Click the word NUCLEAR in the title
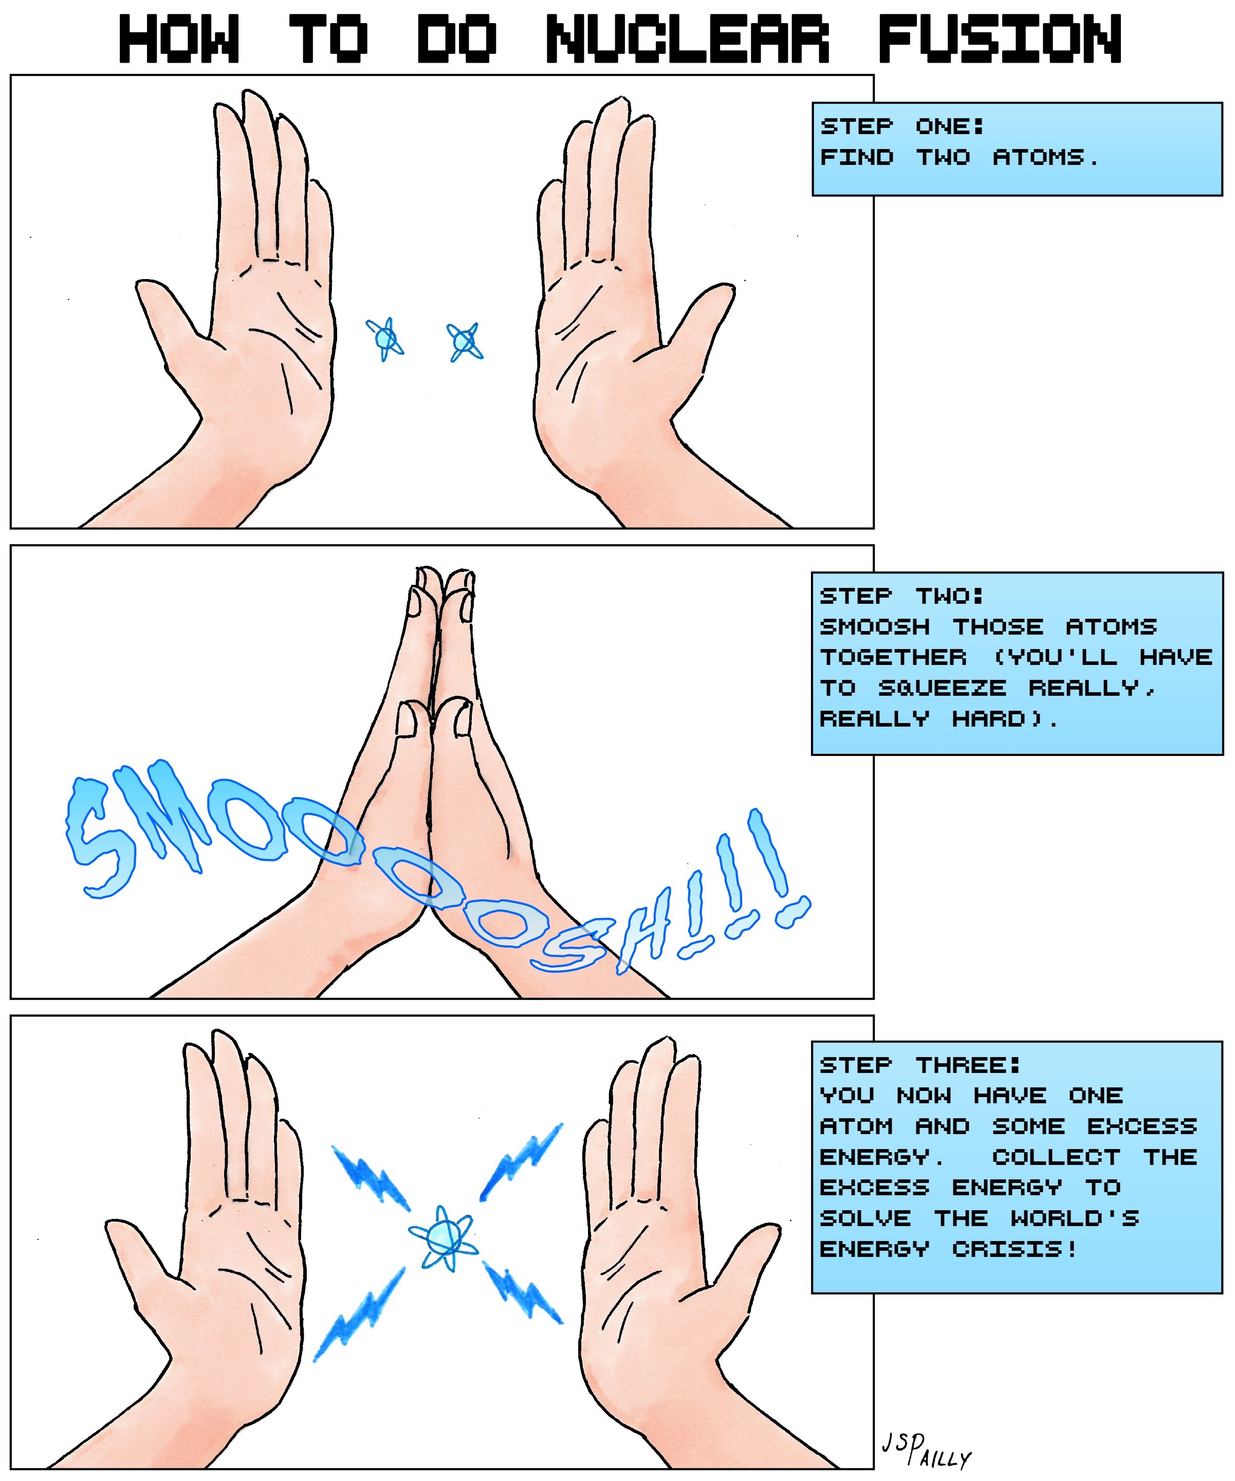click(x=688, y=40)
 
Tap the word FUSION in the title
click(x=1000, y=40)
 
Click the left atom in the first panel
click(x=385, y=340)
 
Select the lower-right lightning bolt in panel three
click(x=523, y=1291)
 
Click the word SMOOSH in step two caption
click(x=875, y=626)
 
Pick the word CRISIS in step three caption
click(x=1014, y=1249)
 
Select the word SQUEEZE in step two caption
click(x=942, y=688)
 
